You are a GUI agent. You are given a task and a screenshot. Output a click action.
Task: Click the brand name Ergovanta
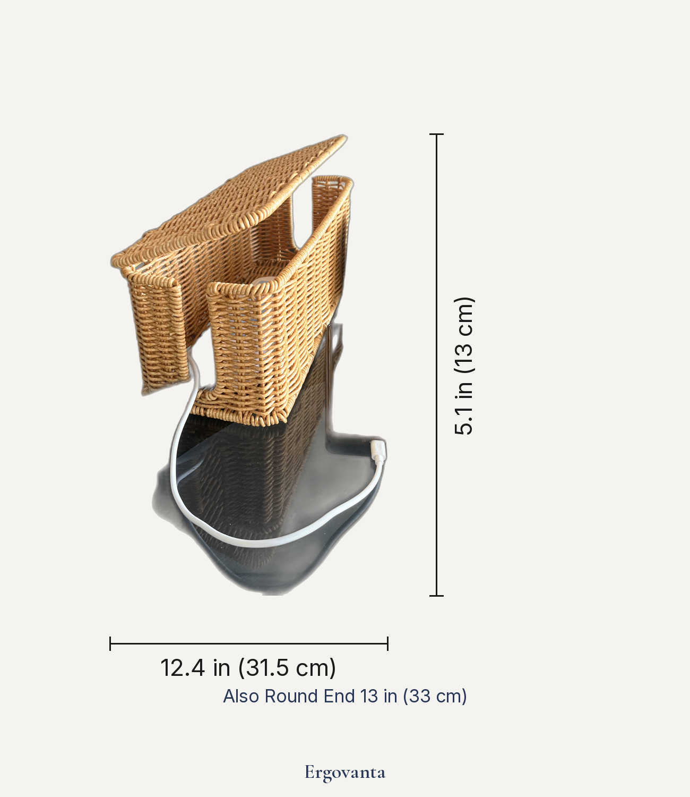pos(345,773)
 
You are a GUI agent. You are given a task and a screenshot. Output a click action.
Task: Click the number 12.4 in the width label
pos(182,668)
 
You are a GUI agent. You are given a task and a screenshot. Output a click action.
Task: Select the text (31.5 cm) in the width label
pos(287,668)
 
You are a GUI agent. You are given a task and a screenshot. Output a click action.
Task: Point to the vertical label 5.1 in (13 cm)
pos(464,366)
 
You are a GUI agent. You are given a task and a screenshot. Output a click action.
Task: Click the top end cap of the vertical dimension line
pos(436,134)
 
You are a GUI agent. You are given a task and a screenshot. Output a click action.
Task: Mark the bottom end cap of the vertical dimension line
pos(436,596)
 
